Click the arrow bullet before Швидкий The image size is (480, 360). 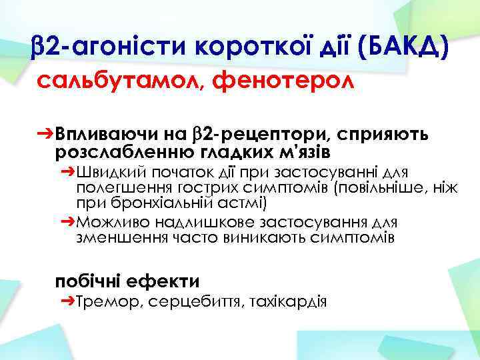tap(67, 171)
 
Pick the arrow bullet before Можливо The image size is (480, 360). tap(67, 222)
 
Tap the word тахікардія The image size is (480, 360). tap(287, 303)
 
